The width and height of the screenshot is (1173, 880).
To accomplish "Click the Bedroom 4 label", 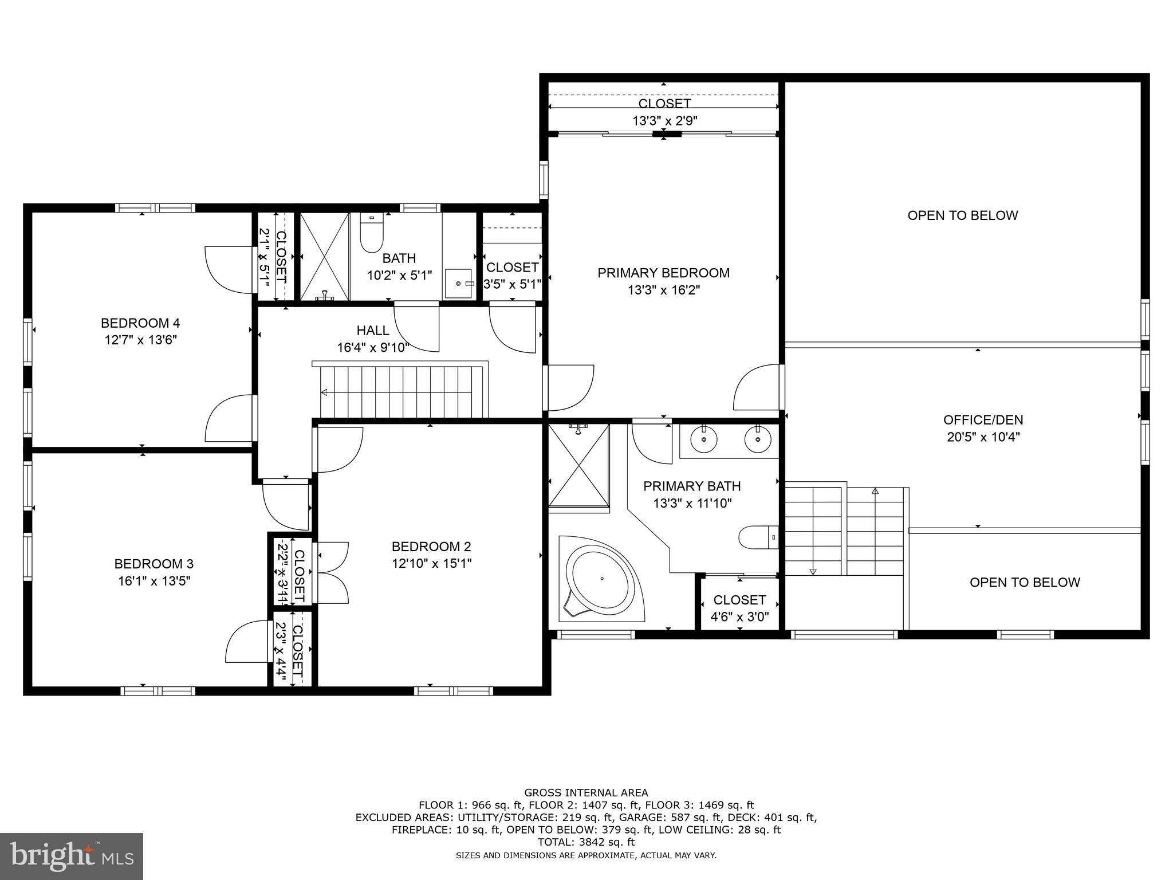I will tap(140, 323).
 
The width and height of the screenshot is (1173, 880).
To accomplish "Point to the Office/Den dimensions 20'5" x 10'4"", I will tap(983, 437).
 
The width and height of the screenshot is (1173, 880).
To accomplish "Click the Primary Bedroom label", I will tap(663, 273).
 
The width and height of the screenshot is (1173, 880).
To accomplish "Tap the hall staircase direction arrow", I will tap(324, 392).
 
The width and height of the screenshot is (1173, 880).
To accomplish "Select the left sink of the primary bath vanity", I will tap(703, 439).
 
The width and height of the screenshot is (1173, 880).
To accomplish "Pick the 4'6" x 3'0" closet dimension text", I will tap(739, 617).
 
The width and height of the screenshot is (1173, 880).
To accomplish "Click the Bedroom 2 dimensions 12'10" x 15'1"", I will tap(431, 563).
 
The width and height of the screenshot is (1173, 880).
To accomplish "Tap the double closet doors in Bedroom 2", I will tap(332, 572).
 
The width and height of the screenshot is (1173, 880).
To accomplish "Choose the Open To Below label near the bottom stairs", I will tap(1024, 582).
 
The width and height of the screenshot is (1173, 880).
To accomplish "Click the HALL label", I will tap(373, 331).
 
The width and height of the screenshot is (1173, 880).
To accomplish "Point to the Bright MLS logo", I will tap(72, 856).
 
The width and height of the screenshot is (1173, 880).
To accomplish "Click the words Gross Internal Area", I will tap(586, 793).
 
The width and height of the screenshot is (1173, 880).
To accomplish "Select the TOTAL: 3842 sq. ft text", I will tap(586, 842).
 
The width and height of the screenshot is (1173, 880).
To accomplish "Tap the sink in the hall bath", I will tap(458, 284).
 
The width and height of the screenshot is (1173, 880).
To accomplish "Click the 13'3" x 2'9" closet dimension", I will tap(664, 121).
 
